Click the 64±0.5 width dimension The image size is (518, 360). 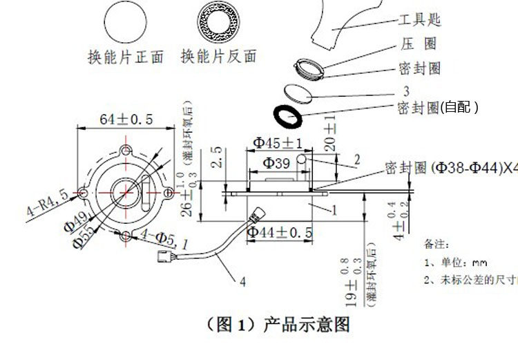(126, 120)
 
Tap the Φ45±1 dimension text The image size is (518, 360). (278, 143)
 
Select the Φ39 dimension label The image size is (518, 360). (277, 163)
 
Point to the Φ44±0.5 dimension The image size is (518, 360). (280, 232)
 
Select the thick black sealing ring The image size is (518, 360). (289, 115)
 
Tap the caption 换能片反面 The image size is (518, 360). (218, 57)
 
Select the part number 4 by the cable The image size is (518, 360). (242, 281)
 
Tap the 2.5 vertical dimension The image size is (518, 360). (216, 158)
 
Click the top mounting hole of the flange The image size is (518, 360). (126, 151)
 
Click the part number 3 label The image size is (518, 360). (406, 91)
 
